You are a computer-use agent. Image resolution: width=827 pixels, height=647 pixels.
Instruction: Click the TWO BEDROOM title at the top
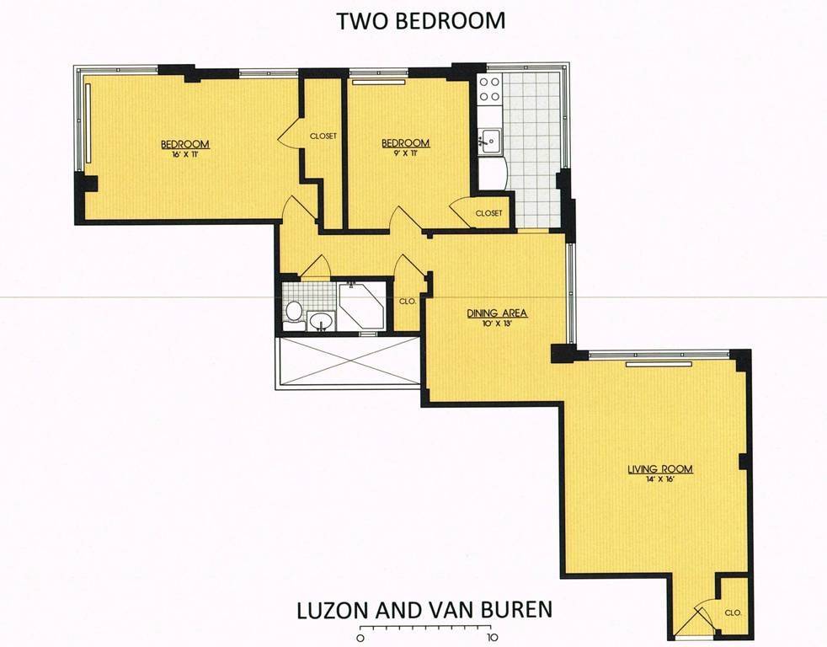click(420, 20)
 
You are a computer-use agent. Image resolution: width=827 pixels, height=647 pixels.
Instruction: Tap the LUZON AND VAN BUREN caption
click(424, 610)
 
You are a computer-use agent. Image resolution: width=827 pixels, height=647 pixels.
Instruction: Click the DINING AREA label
click(497, 313)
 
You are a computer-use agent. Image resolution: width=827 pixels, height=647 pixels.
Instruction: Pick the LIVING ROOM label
click(659, 469)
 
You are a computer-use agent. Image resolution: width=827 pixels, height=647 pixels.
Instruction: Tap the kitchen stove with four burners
click(489, 89)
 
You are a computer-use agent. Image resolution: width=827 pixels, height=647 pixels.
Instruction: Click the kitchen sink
click(490, 141)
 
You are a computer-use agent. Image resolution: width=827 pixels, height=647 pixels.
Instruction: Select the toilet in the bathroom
click(293, 311)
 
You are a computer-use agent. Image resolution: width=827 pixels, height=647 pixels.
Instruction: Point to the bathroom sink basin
click(320, 320)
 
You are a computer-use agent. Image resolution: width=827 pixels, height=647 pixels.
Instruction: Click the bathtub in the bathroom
click(361, 307)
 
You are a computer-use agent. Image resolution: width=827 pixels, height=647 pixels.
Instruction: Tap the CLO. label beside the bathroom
click(408, 302)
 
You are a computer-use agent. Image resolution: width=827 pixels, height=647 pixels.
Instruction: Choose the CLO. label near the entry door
click(734, 612)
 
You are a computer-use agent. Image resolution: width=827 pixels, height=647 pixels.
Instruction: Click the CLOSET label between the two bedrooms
click(323, 136)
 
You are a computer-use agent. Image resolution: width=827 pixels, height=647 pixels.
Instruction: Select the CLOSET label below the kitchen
click(489, 213)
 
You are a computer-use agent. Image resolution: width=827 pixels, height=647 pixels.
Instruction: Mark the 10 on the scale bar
click(493, 637)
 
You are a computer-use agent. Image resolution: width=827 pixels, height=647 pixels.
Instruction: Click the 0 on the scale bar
click(360, 637)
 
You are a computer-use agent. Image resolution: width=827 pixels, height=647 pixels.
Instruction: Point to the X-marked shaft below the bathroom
click(349, 362)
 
